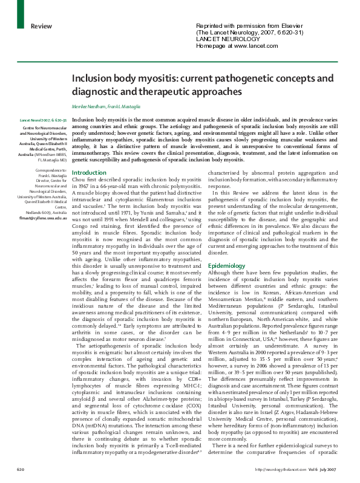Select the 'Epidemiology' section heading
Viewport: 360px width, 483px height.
[x=226, y=248]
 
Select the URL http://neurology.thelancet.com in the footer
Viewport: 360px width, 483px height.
[x=281, y=470]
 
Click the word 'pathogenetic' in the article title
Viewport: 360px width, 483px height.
[x=250, y=79]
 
